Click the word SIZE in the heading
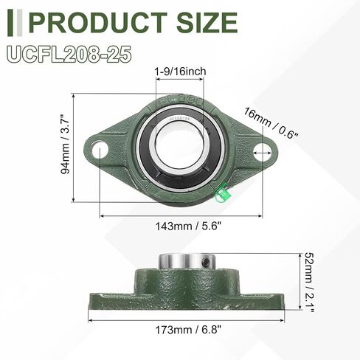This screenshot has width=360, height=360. coord(207,22)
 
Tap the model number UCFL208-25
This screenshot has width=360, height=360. coord(69,55)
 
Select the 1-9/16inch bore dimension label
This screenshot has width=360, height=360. coord(180,72)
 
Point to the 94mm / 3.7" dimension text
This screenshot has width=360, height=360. coord(66,144)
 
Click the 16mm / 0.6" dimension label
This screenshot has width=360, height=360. coord(271,122)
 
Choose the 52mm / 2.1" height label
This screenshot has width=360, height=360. coord(308,283)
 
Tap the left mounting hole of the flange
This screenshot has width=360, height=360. coord(100,148)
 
